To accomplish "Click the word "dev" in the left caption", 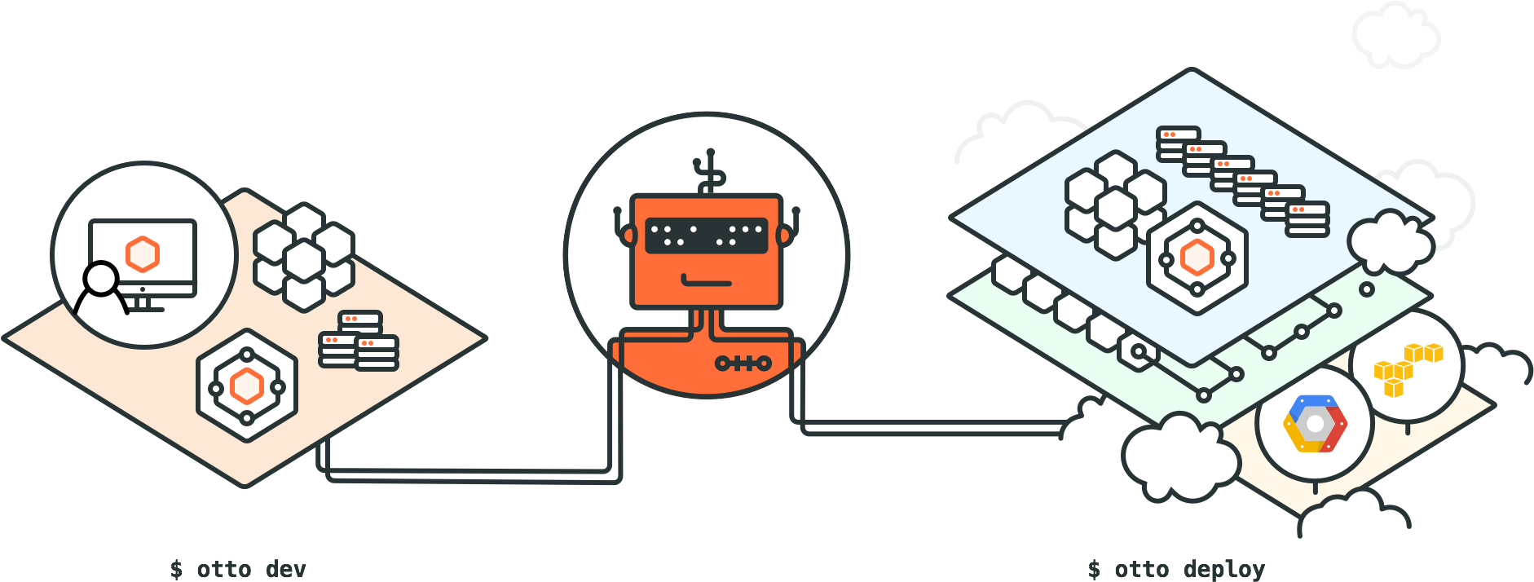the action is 286,569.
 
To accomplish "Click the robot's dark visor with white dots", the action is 707,236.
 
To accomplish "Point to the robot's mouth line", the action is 707,282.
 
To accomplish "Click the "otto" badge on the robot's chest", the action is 743,363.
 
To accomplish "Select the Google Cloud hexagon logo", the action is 1315,424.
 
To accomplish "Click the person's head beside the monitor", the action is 102,278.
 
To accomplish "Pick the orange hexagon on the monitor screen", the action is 143,254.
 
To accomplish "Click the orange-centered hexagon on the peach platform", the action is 247,386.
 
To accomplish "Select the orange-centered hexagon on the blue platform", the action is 1197,258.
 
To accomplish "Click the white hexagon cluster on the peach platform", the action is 304,257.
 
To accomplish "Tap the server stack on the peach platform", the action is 359,340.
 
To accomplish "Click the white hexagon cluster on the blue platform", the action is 1115,205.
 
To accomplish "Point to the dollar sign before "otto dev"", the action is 176,569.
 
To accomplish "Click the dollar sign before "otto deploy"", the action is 1094,569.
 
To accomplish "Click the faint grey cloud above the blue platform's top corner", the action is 1395,34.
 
